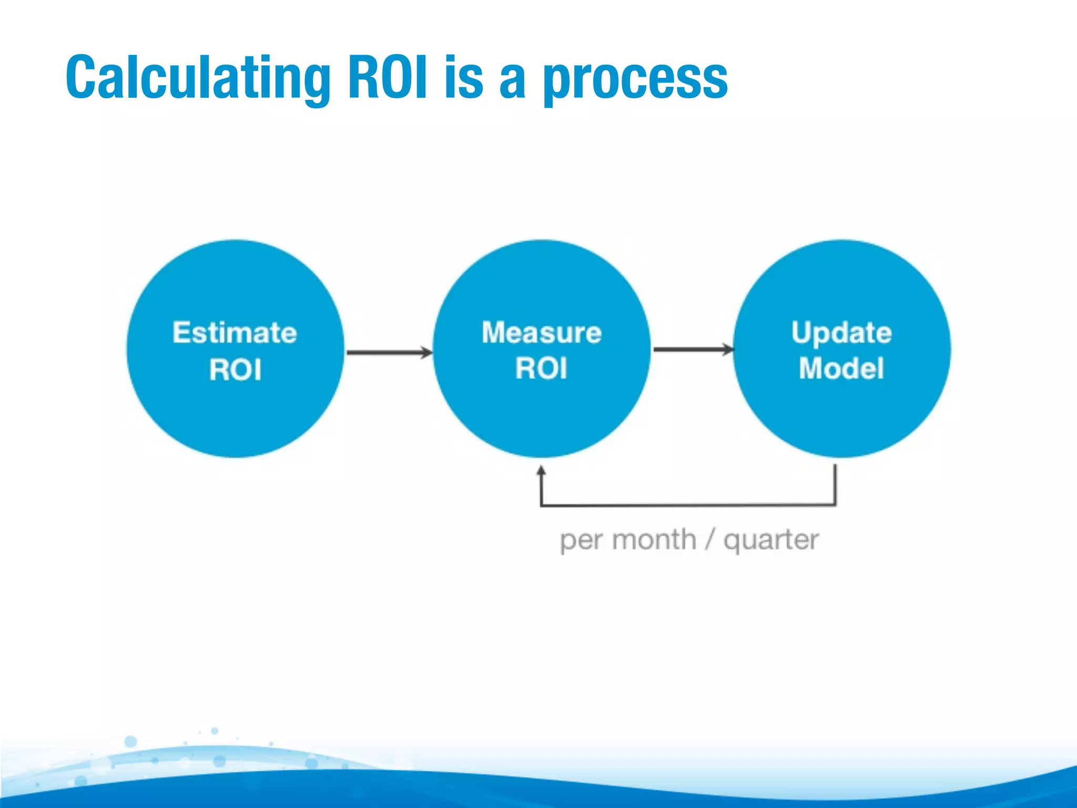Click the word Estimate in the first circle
point(235,333)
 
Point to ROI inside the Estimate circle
point(235,369)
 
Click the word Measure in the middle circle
point(542,333)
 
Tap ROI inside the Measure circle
point(541,368)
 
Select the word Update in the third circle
point(841,334)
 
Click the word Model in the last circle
point(841,368)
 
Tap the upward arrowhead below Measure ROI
point(541,470)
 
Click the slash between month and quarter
point(710,540)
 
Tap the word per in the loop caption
point(582,541)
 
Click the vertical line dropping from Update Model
point(835,484)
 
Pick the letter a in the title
point(512,80)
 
